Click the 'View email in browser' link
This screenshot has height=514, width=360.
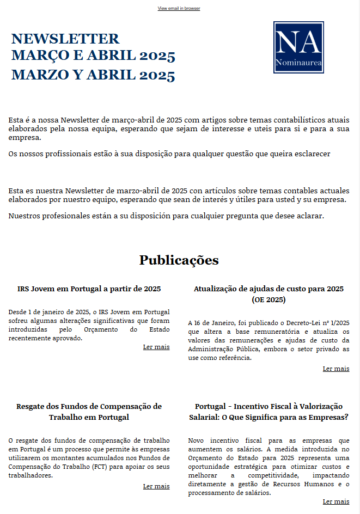(x=179, y=9)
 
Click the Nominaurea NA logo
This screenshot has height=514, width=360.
(x=298, y=47)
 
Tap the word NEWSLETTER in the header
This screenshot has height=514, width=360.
(x=65, y=39)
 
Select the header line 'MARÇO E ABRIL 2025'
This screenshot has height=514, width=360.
(x=93, y=56)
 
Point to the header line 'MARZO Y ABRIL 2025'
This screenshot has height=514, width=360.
(x=93, y=75)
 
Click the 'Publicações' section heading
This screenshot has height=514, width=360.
(x=179, y=260)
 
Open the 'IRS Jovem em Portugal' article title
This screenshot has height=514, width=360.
(x=89, y=289)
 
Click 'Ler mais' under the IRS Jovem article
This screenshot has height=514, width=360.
(x=156, y=347)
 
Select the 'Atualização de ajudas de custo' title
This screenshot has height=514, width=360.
(x=269, y=289)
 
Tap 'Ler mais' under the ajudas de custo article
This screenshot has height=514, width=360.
(x=336, y=369)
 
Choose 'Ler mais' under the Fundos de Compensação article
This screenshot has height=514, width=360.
(x=156, y=486)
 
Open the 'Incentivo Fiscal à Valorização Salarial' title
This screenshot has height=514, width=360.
(x=269, y=412)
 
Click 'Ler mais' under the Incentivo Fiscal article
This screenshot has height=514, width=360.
(x=336, y=501)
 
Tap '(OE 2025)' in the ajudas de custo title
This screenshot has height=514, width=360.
(x=269, y=299)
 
